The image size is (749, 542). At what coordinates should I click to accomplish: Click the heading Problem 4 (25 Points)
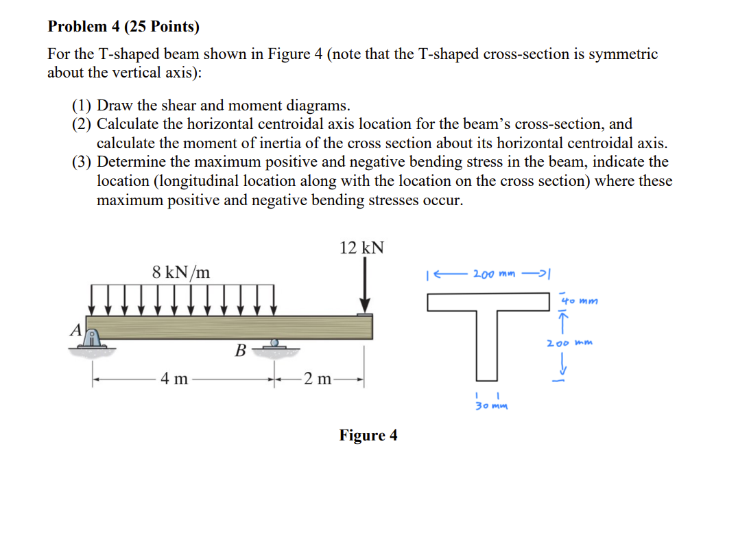(x=123, y=27)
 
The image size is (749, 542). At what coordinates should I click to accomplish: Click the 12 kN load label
(x=361, y=248)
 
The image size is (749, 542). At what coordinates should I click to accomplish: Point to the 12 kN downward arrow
(x=366, y=288)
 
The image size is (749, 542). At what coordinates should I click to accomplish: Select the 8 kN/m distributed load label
(x=181, y=272)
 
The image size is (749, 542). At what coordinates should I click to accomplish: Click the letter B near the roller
(x=240, y=351)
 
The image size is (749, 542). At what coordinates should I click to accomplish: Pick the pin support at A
(x=93, y=340)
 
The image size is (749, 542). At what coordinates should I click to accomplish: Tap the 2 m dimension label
(x=318, y=378)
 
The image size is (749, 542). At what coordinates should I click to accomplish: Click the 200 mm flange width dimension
(x=493, y=274)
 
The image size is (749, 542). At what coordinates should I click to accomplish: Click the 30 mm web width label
(x=492, y=405)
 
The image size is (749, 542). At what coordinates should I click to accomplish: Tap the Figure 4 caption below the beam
(x=368, y=436)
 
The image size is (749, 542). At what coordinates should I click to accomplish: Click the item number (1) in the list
(x=82, y=106)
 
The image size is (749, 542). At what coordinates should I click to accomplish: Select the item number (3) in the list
(x=82, y=163)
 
